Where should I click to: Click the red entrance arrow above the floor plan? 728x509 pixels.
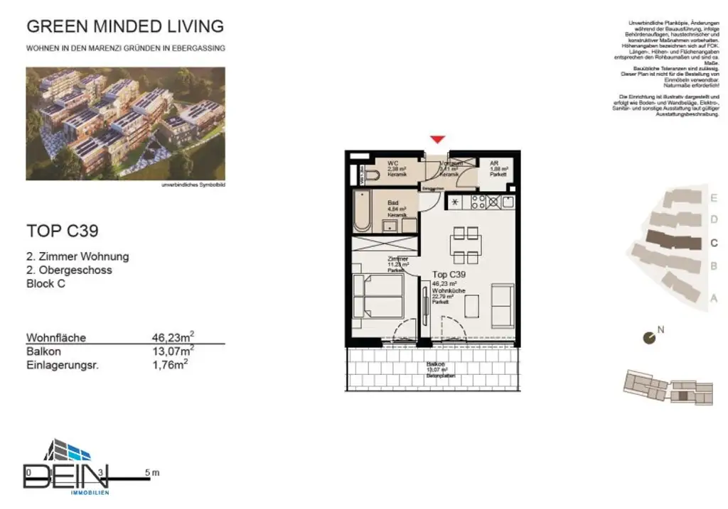point(438,140)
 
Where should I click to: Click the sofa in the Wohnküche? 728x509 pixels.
point(503,305)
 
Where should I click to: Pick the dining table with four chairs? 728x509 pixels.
point(466,244)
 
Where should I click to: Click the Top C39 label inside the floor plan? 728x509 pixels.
point(449,274)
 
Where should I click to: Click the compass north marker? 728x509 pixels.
point(649,338)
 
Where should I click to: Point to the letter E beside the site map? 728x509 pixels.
point(714,198)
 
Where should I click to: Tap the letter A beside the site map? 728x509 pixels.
point(714,297)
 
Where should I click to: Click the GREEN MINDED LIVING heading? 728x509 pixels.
point(124,27)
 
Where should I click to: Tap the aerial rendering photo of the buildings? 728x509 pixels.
point(125,123)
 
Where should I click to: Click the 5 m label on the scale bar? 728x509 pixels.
point(151,472)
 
